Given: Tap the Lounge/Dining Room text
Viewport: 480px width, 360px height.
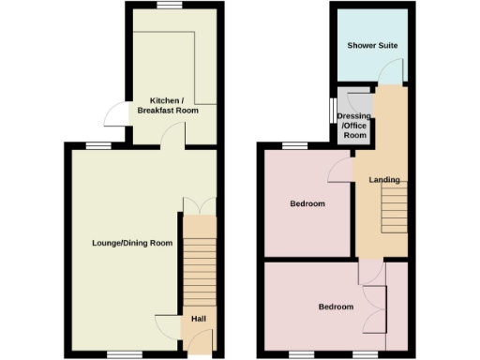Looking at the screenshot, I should click(x=132, y=243).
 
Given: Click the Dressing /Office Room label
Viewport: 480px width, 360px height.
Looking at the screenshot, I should click(x=354, y=126).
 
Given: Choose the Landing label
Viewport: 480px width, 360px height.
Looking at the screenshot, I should click(x=384, y=180).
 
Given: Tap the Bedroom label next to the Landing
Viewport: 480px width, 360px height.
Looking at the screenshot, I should click(x=307, y=204).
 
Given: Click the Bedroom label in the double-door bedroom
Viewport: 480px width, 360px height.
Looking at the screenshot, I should click(x=336, y=307).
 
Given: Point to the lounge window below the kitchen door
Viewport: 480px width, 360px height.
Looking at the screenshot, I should click(x=97, y=143).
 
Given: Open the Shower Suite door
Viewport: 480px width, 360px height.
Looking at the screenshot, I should click(x=395, y=72).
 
